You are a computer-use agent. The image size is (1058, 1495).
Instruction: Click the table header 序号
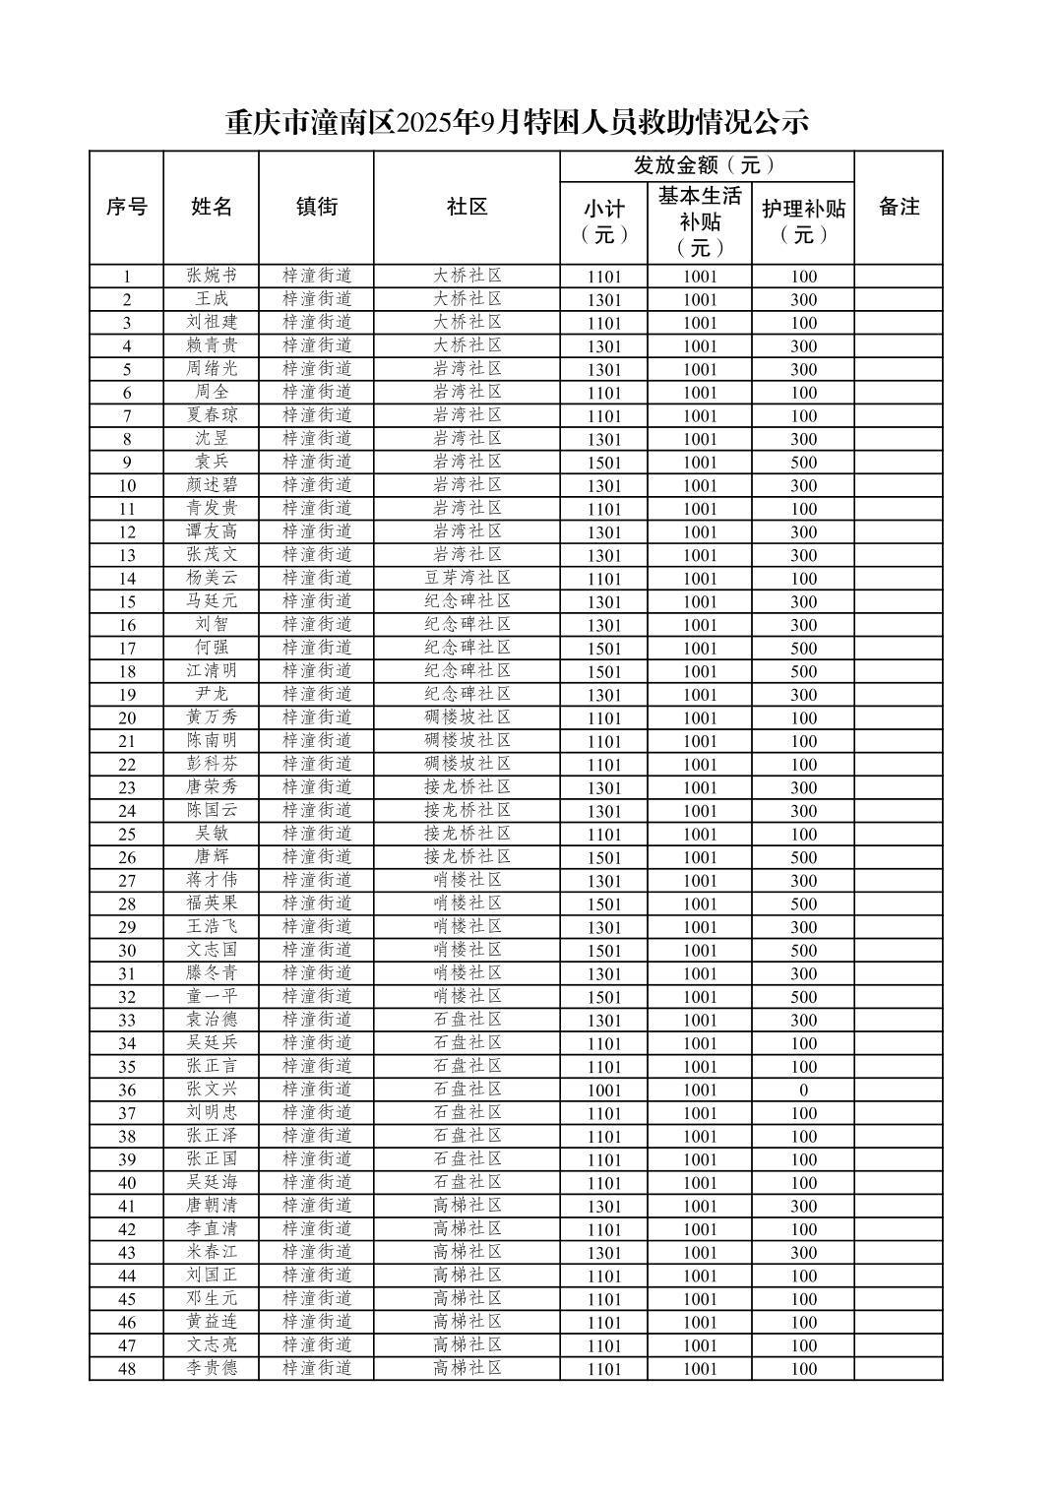click(126, 207)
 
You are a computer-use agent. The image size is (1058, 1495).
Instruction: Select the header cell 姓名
click(212, 207)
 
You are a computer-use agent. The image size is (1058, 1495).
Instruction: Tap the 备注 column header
click(898, 207)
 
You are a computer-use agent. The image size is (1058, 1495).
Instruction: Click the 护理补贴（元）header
click(803, 221)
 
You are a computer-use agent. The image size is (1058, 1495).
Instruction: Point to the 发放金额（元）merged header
click(706, 165)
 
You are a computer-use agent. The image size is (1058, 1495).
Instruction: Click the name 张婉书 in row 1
click(212, 277)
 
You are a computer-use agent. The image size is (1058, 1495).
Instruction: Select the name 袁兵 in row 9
click(212, 462)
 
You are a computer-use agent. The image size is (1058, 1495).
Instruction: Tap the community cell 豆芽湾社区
click(467, 578)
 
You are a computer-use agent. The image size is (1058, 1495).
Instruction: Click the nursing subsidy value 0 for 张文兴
click(803, 1090)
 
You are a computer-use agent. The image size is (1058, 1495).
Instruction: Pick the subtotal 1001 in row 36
click(604, 1090)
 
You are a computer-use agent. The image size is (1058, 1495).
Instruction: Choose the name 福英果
click(212, 903)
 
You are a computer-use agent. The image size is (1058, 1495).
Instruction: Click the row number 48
click(127, 1368)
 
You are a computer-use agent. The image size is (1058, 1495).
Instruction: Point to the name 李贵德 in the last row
click(212, 1368)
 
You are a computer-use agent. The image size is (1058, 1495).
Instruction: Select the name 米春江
click(212, 1252)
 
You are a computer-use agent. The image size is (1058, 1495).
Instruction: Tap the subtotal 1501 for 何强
click(604, 648)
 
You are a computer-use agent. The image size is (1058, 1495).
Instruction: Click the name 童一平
click(212, 996)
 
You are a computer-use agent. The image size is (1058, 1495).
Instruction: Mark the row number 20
click(127, 717)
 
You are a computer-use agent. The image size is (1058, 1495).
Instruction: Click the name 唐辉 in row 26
click(212, 856)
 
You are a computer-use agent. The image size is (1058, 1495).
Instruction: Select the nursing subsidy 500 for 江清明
click(803, 671)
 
